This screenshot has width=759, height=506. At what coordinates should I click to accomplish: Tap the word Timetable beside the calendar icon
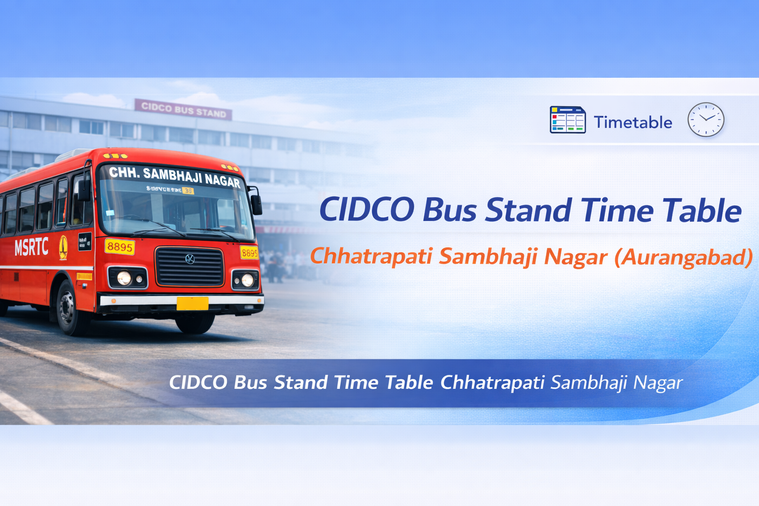click(x=632, y=122)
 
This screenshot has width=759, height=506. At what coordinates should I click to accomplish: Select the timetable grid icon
click(x=567, y=120)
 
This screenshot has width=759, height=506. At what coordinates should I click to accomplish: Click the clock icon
click(x=706, y=120)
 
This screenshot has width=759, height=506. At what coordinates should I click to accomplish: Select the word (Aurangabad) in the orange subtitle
click(x=683, y=257)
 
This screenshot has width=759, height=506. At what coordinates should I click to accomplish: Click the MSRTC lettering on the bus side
click(x=31, y=247)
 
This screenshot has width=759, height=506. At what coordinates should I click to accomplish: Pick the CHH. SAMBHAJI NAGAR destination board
click(x=174, y=176)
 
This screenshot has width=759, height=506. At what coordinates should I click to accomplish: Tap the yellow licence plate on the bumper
click(x=192, y=303)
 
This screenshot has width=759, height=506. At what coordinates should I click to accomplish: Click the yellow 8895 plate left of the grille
click(x=120, y=247)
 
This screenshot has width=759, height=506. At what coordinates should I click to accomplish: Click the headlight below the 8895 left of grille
click(x=124, y=278)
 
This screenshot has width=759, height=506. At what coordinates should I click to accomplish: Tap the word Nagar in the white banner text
click(x=658, y=382)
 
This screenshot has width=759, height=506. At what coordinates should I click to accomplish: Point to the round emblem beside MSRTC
click(x=63, y=247)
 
